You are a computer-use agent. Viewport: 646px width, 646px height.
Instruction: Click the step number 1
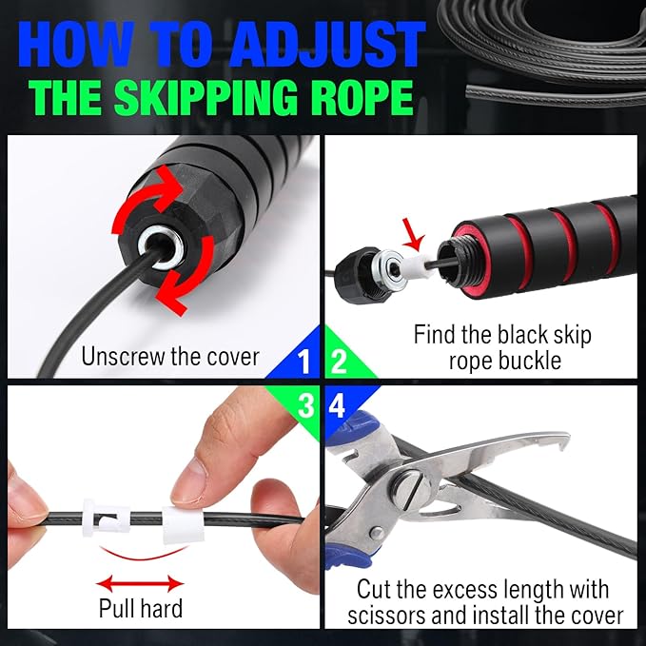[x=303, y=362]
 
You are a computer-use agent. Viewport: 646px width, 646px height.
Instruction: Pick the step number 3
[x=304, y=404]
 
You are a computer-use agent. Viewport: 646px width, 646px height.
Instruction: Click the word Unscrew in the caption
[x=126, y=358]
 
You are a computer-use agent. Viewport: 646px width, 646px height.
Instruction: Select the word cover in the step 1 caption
[x=229, y=358]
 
